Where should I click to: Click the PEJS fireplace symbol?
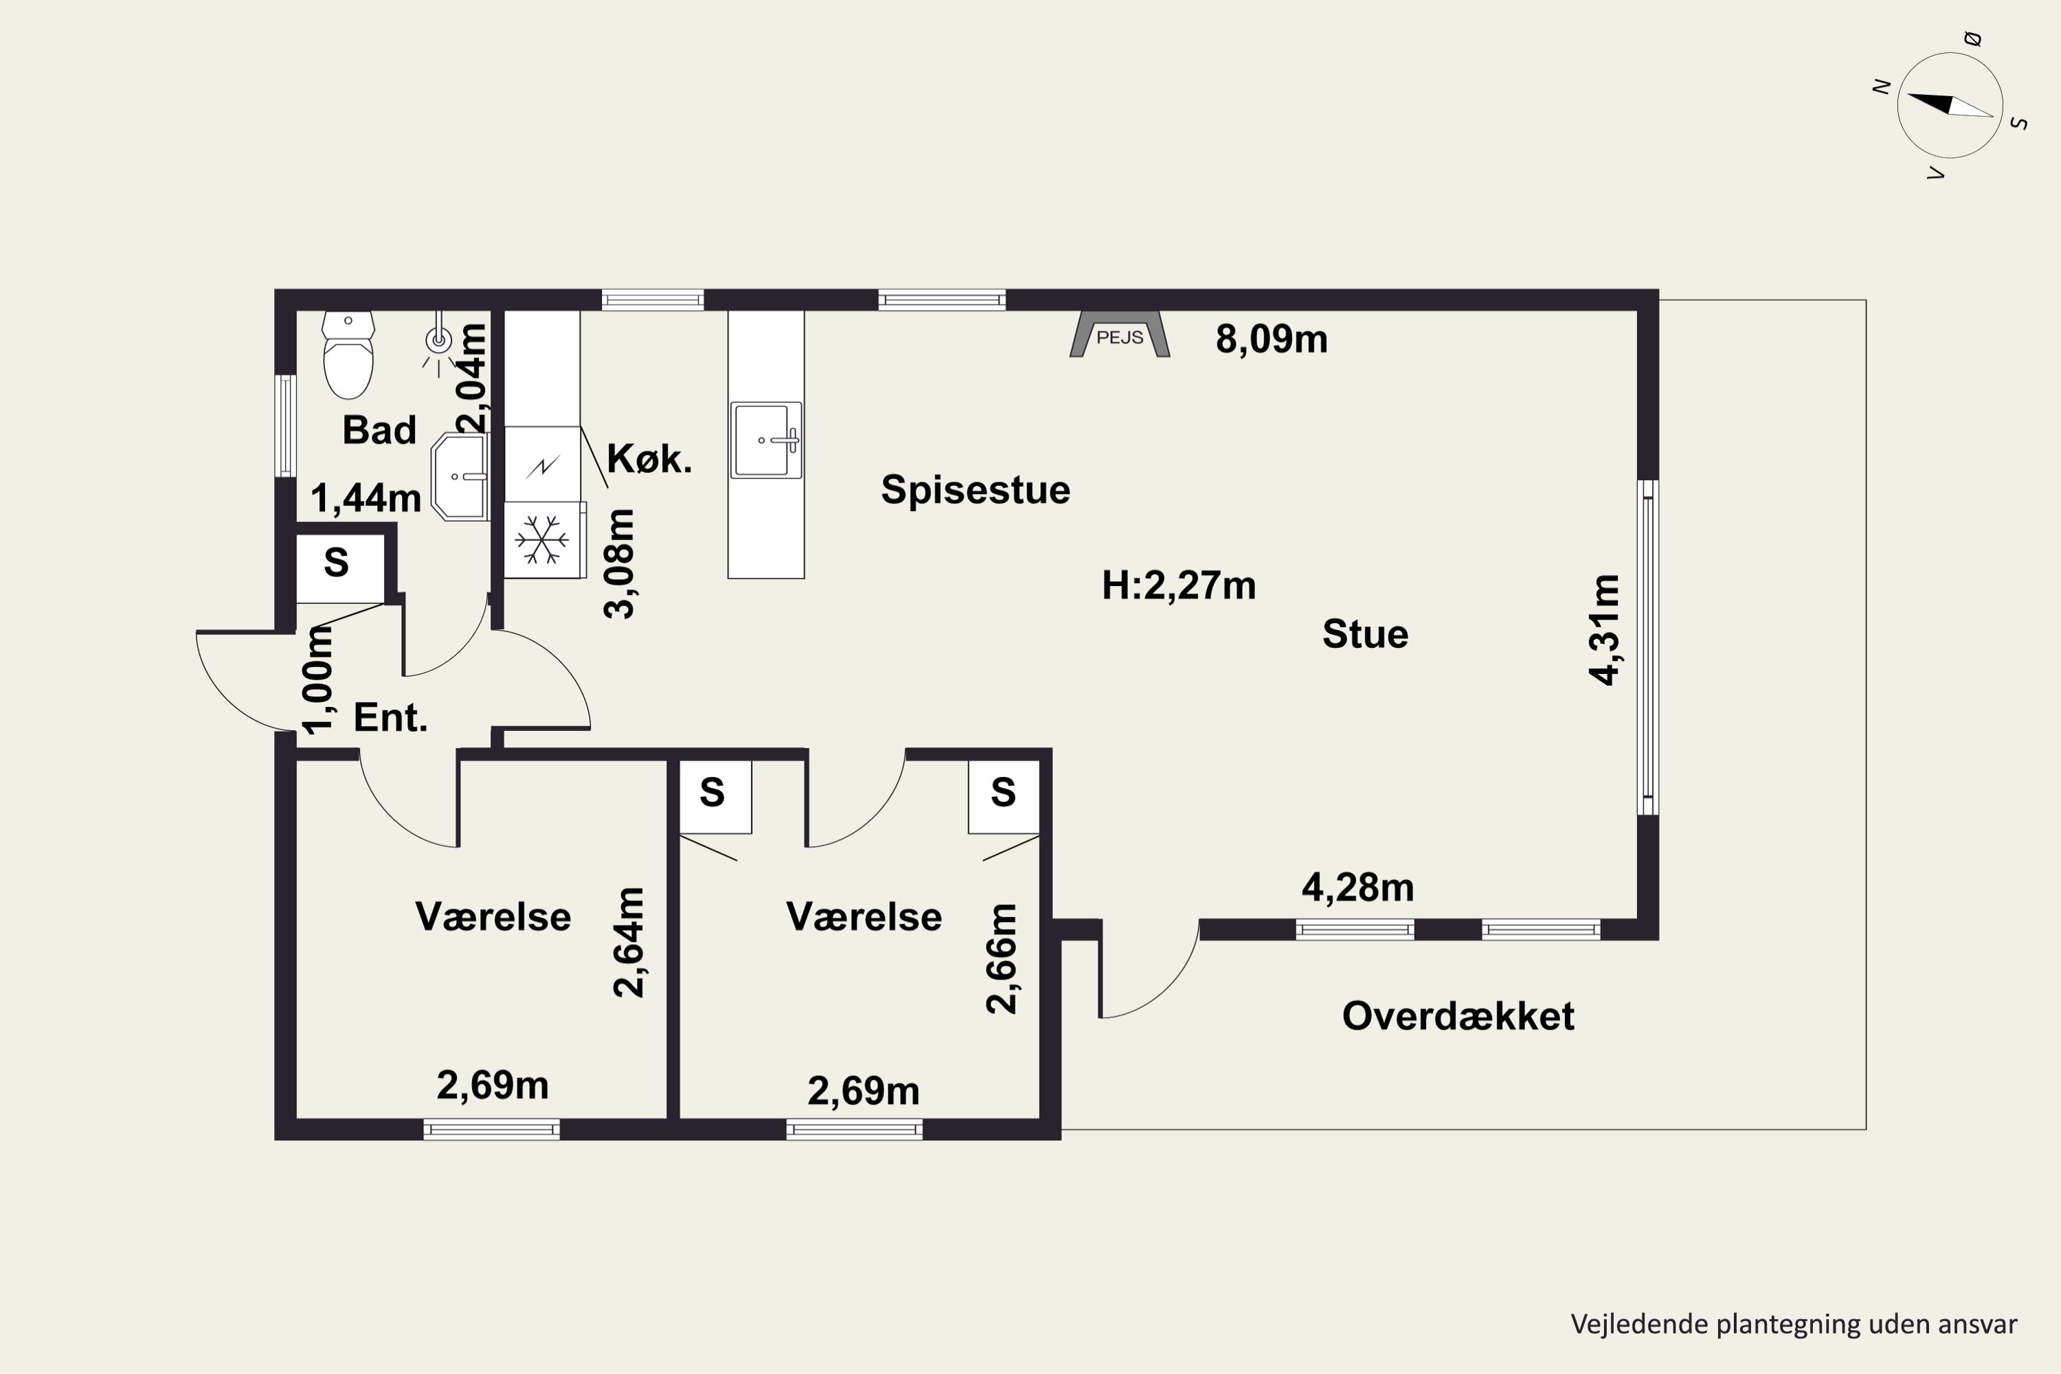tap(1120, 334)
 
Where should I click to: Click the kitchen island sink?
tap(766, 440)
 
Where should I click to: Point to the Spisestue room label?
tap(976, 489)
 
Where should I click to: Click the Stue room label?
tap(1365, 633)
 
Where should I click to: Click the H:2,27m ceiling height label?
tap(1179, 585)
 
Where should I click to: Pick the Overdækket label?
tap(1458, 1015)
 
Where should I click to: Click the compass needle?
tap(1950, 105)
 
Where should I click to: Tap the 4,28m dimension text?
tap(1358, 888)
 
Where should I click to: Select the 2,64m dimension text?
tap(629, 942)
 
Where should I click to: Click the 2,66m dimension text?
tap(1002, 958)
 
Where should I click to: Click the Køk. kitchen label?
tap(649, 458)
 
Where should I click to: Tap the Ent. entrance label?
tap(391, 718)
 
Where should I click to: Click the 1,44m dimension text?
tap(366, 497)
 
